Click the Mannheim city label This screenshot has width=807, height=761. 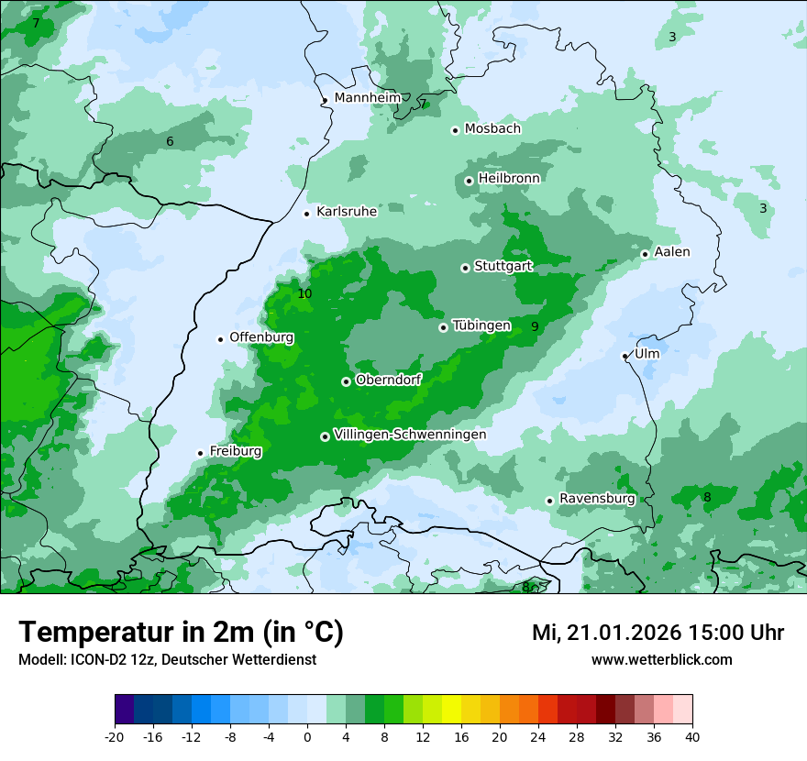tap(367, 98)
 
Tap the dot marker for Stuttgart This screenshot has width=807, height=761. tap(465, 268)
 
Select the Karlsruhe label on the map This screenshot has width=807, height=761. tap(346, 212)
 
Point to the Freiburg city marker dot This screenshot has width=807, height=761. tap(200, 453)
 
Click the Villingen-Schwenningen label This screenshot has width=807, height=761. tap(410, 435)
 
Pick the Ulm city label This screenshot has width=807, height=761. tap(647, 354)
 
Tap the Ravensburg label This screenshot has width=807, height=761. tap(597, 499)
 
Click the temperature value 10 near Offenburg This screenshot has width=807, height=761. tap(304, 294)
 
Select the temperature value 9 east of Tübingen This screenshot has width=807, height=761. tap(535, 327)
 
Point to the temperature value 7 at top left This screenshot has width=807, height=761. tap(36, 23)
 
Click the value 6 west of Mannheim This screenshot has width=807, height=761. tap(170, 141)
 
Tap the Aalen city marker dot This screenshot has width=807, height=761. tap(645, 254)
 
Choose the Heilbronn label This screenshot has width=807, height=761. tap(509, 178)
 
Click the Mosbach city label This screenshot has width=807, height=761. tap(492, 129)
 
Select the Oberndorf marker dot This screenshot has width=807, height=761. tap(346, 381)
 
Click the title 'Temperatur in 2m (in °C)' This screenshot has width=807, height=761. tap(182, 633)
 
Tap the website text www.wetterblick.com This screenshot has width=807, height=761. tap(661, 660)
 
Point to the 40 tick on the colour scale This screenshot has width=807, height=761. tap(691, 737)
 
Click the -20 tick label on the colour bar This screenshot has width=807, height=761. tap(115, 737)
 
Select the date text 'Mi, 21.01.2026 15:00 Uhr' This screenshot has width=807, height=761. tap(658, 633)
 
